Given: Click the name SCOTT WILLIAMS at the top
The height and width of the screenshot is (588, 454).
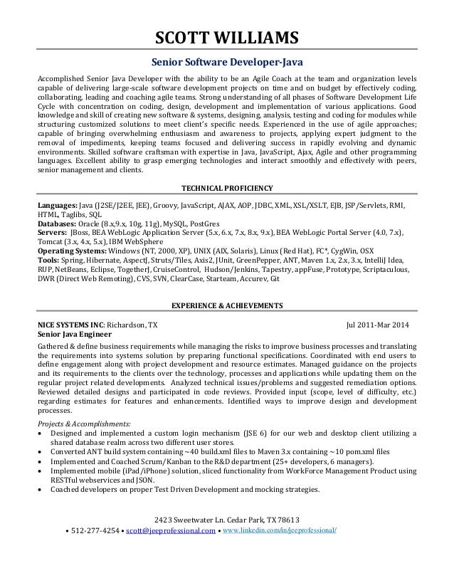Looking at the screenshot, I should coord(227,37).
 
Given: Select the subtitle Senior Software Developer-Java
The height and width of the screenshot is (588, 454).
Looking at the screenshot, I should coord(227,61).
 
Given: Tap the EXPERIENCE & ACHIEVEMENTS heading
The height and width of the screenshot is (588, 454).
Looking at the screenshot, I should coord(227,305).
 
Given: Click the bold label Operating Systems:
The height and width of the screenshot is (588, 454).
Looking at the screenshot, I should coord(72,251).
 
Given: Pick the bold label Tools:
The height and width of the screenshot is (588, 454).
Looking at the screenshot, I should coord(49,261).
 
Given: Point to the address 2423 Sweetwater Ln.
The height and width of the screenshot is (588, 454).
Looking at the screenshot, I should coord(189,518).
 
